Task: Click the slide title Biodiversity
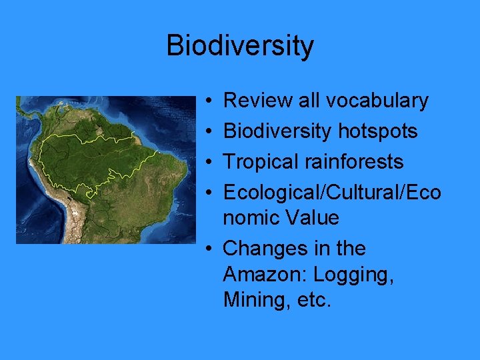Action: [x=239, y=46]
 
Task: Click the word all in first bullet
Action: [x=309, y=101]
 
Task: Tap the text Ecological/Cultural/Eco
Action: [x=332, y=193]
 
